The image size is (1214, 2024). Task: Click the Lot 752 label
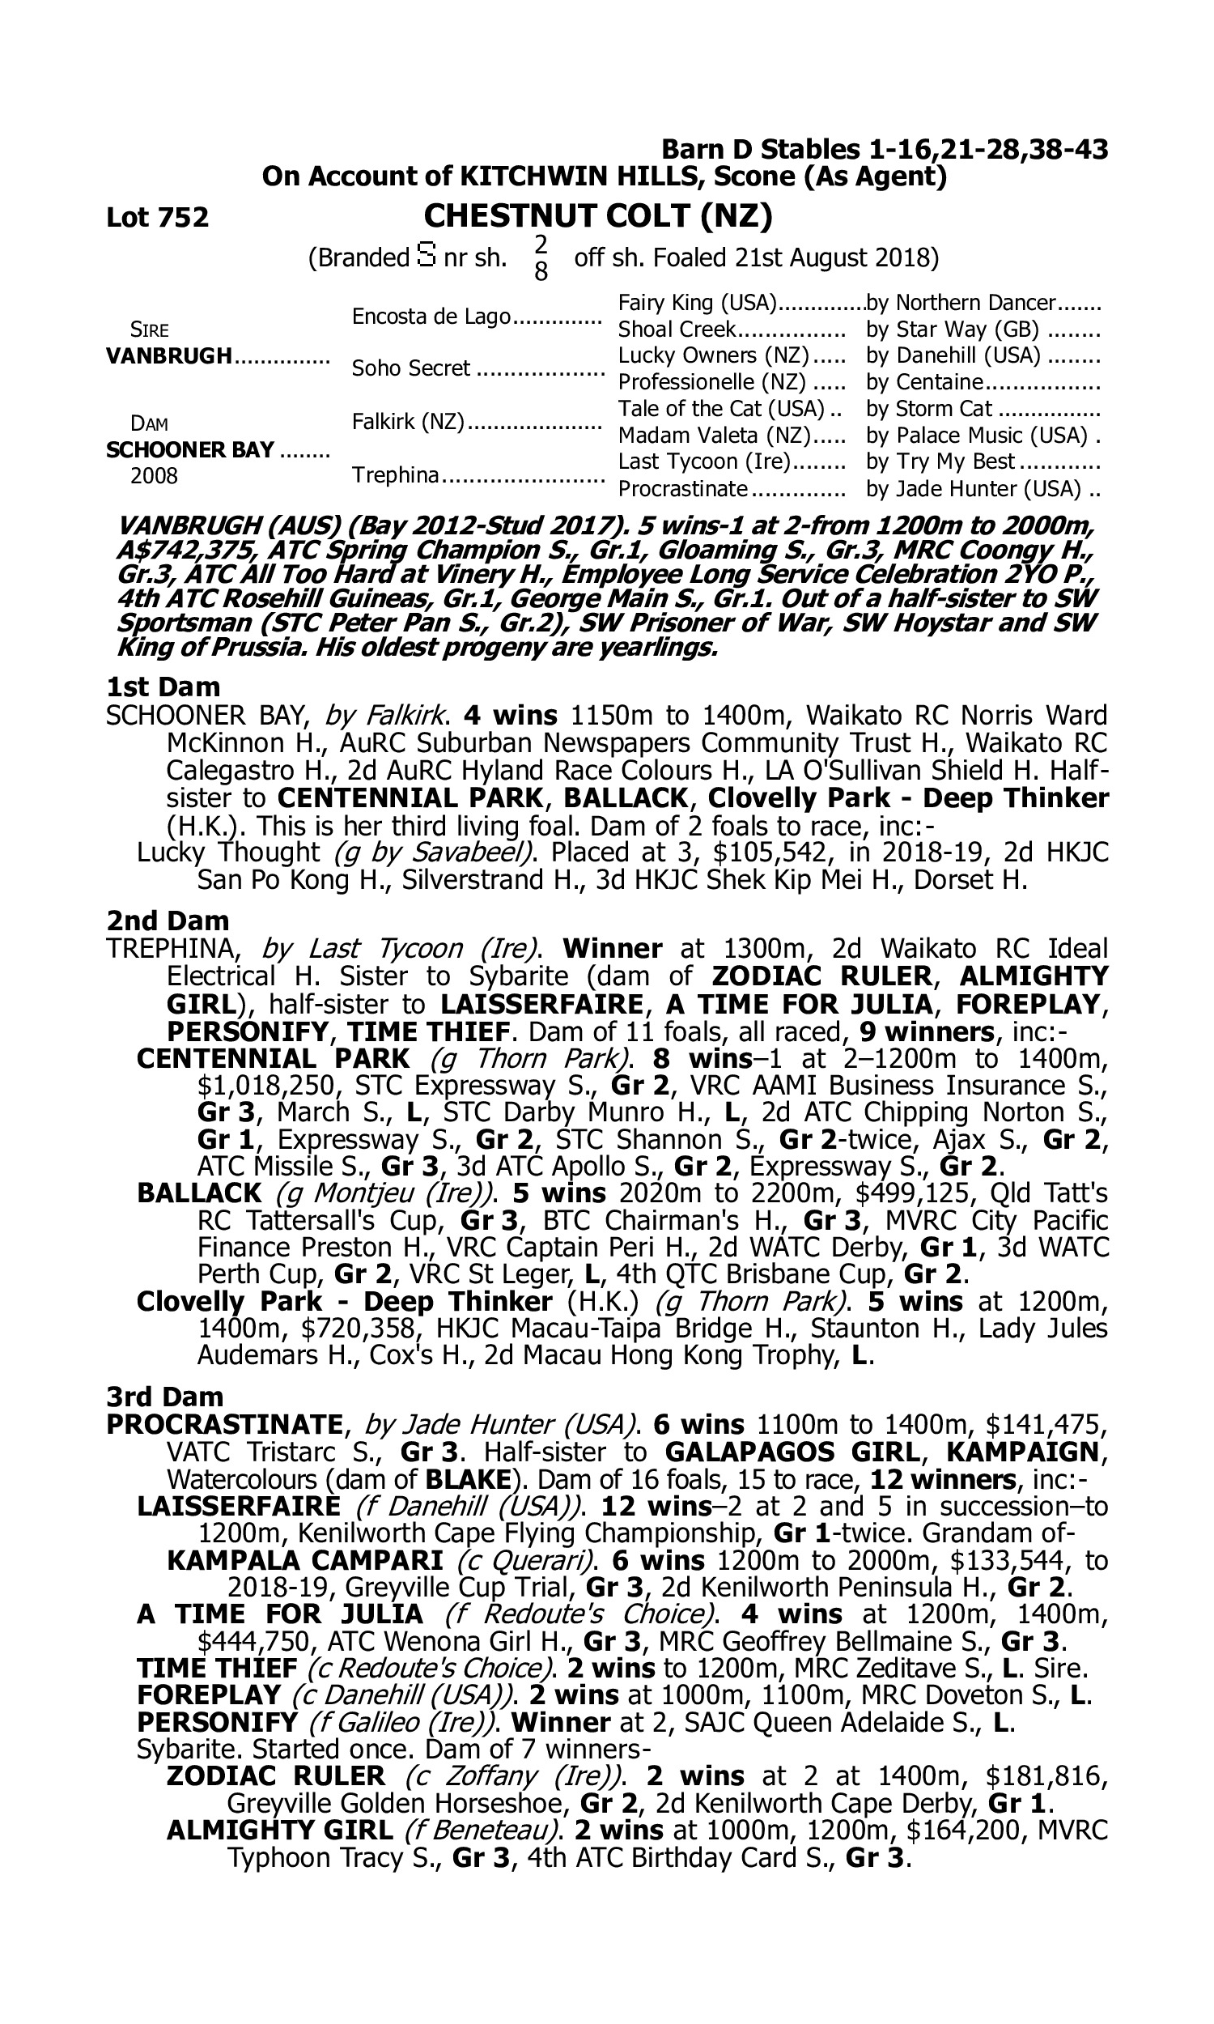157,218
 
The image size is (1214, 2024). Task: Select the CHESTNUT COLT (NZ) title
598,216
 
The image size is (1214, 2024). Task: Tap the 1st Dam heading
163,686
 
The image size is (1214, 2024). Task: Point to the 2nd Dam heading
167,921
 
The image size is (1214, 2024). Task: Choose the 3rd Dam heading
164,1396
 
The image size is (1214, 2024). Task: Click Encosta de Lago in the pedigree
431,317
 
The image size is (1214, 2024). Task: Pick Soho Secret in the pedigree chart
410,369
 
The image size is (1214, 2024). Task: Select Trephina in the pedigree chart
396,474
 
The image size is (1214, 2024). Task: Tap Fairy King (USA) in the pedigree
696,303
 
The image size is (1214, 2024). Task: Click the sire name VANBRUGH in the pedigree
169,356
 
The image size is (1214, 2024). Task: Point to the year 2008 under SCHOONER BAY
154,476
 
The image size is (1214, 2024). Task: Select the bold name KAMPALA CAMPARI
304,1560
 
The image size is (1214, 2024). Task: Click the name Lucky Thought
227,853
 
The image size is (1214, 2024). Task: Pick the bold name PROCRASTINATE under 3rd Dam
224,1424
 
